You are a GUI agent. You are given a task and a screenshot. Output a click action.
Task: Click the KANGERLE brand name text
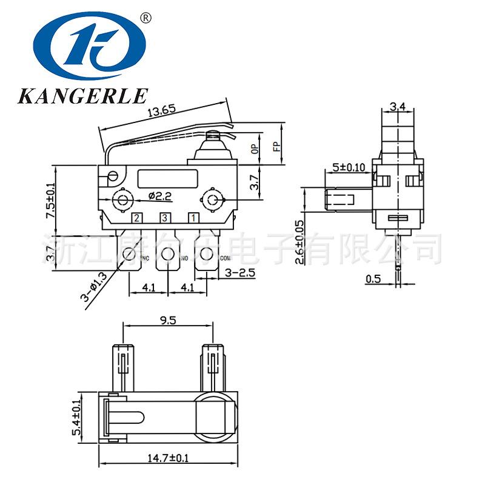click(x=83, y=95)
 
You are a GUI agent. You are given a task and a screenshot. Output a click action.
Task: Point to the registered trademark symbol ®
click(x=145, y=18)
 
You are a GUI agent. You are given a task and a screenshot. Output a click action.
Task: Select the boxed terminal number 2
click(x=138, y=218)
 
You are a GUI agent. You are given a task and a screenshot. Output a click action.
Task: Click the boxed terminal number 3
click(x=164, y=218)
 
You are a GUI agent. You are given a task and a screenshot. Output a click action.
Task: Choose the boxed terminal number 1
click(x=193, y=218)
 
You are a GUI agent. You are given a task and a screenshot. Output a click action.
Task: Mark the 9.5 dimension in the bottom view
click(x=169, y=321)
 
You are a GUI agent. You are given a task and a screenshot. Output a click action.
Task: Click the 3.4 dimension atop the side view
click(x=398, y=107)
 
